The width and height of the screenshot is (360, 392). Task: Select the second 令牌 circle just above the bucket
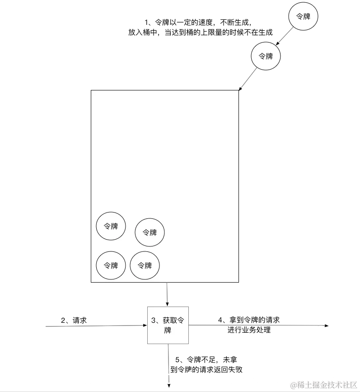266,56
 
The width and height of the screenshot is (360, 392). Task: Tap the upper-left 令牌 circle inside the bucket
111,226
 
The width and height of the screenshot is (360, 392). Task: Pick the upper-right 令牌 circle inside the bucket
150,232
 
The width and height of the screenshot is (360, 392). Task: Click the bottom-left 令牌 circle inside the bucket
111,265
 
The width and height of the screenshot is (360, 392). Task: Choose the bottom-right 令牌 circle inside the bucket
145,265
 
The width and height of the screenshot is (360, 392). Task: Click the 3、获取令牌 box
168,325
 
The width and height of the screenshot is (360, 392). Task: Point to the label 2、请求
74,320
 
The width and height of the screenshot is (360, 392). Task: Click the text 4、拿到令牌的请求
249,320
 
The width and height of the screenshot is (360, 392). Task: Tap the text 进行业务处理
249,330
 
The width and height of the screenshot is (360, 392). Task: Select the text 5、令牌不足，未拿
206,359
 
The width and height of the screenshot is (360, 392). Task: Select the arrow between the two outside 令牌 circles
285,37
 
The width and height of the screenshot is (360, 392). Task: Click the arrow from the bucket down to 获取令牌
168,293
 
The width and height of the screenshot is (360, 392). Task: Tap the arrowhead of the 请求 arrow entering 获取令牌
145,325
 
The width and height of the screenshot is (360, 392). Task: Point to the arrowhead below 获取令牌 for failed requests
168,385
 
